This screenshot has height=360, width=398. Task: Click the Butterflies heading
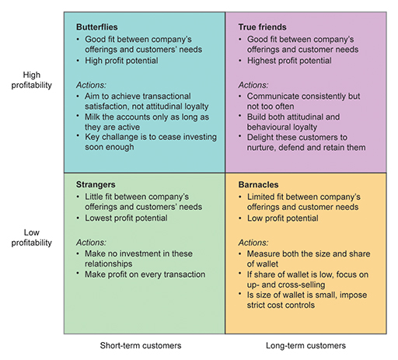98,27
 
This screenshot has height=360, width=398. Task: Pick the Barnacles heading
258,186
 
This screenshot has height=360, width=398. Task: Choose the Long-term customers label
305,346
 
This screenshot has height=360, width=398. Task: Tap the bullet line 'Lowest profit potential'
124,219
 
